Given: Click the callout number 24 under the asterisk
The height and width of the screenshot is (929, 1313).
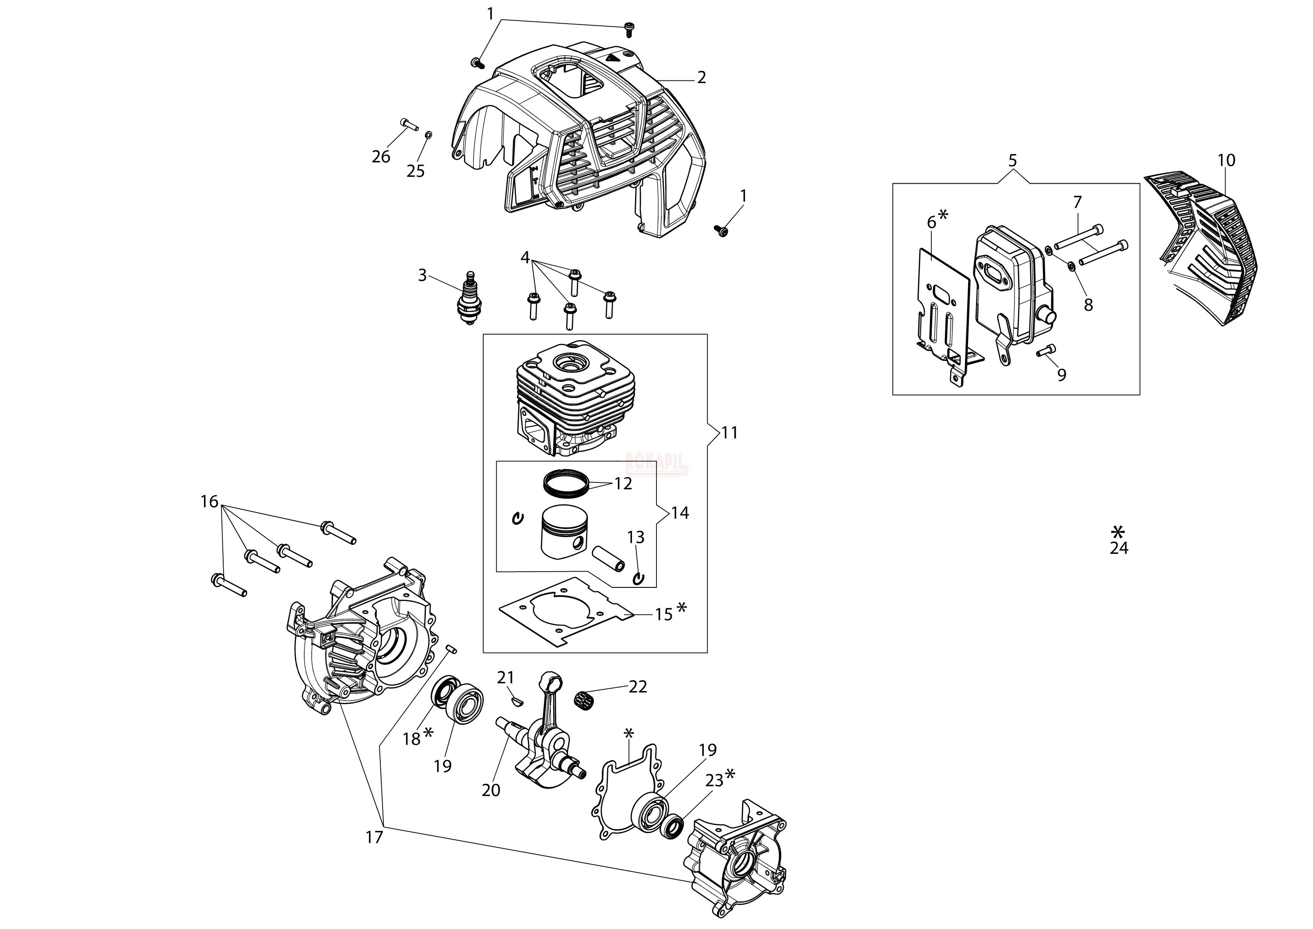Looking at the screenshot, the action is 1119,548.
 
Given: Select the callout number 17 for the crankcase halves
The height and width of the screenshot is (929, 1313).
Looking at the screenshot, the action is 374,838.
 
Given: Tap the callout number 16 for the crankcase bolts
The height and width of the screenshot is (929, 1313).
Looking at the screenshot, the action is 210,502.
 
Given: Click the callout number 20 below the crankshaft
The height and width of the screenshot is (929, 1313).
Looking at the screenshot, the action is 491,790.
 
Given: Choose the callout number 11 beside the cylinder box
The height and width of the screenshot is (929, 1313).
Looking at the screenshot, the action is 729,433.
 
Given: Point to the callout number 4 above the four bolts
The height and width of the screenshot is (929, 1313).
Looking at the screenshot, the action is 525,258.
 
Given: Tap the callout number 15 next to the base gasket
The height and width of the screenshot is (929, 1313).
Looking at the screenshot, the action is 664,615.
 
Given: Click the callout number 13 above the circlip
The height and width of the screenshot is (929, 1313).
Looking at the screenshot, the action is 636,537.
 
